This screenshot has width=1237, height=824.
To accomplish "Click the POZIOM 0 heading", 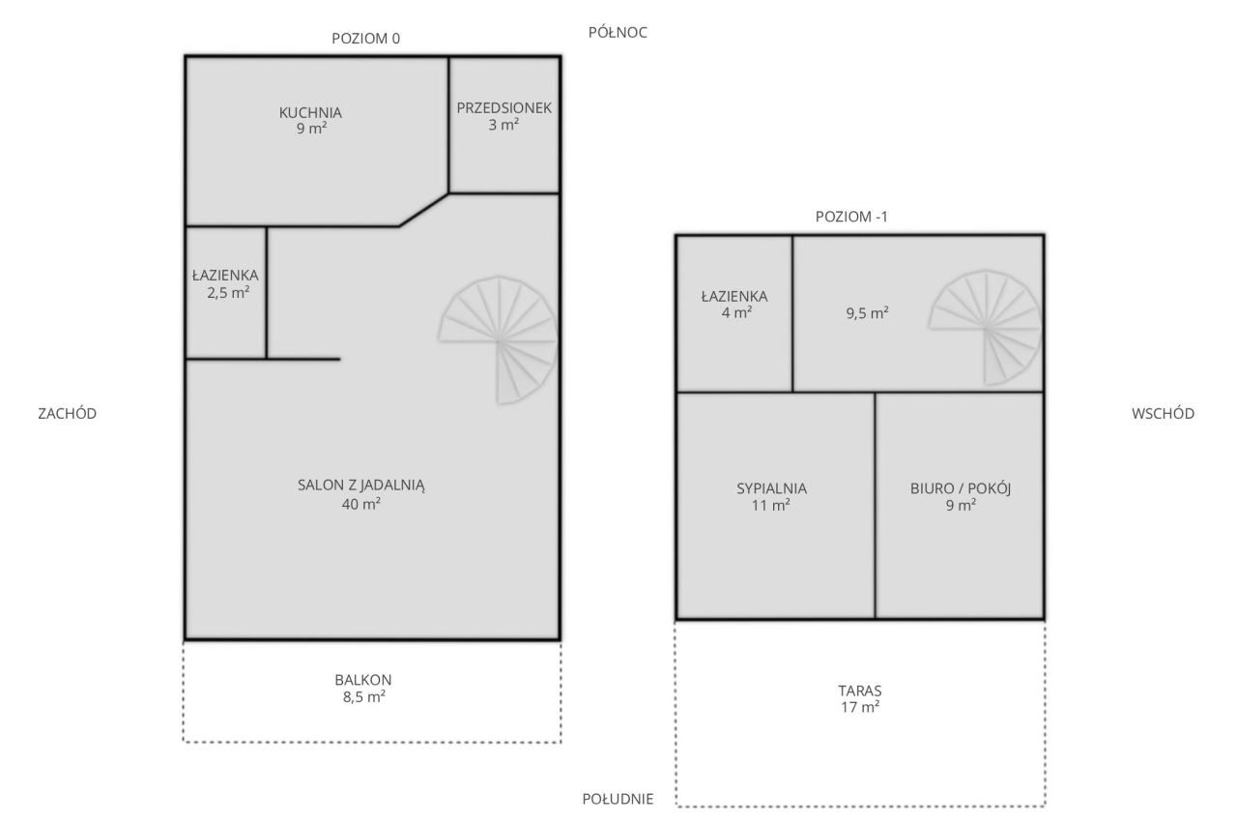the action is coord(365,38).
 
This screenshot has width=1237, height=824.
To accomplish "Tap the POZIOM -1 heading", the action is coord(851,217).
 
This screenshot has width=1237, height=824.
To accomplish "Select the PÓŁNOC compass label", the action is coord(618,32).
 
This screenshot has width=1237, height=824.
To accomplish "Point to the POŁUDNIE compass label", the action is coord(618,799).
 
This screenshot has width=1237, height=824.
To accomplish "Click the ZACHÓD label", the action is coord(68,413).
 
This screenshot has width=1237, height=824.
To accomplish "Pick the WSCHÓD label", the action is coord(1163,413).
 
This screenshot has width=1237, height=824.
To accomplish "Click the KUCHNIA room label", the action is coord(310,113).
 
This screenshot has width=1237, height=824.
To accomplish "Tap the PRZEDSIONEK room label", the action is coord(503,107).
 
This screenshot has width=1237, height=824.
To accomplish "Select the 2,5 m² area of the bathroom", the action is coord(228,292).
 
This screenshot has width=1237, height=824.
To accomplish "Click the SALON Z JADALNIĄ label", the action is coord(361,486).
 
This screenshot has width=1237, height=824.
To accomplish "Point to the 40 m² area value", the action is coord(361,504).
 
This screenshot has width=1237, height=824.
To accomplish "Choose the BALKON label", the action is coord(362,680).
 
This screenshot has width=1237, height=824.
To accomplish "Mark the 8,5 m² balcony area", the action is coord(364,697).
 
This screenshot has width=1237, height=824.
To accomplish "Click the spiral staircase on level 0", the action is coord(499,340).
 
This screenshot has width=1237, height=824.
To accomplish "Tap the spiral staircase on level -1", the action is coord(985,328).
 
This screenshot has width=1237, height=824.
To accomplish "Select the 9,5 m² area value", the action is coord(868,313).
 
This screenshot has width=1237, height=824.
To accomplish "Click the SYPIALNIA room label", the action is coord(771,488).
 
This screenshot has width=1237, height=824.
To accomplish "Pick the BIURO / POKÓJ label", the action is coord(961,488).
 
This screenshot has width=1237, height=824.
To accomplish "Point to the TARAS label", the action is coord(860,691).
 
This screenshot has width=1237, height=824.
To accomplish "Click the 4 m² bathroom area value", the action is coord(736,312).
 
